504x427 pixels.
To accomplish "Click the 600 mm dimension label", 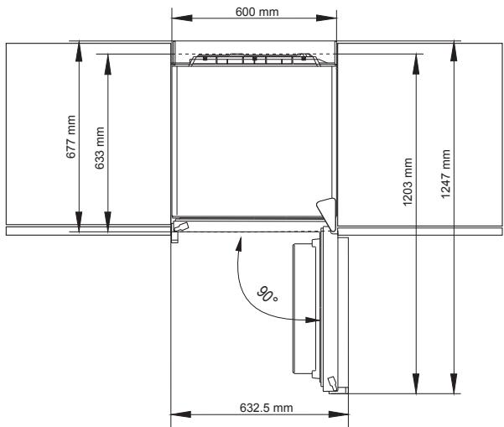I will coord(256,10).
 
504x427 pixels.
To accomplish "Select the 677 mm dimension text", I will coord(71,136).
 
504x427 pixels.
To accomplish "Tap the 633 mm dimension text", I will coord(100,148).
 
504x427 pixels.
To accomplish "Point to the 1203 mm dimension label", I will coord(407,180).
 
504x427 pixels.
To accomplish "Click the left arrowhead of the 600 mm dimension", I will coord(177,18).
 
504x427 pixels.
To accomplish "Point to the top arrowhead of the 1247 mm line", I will coord(453,47).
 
